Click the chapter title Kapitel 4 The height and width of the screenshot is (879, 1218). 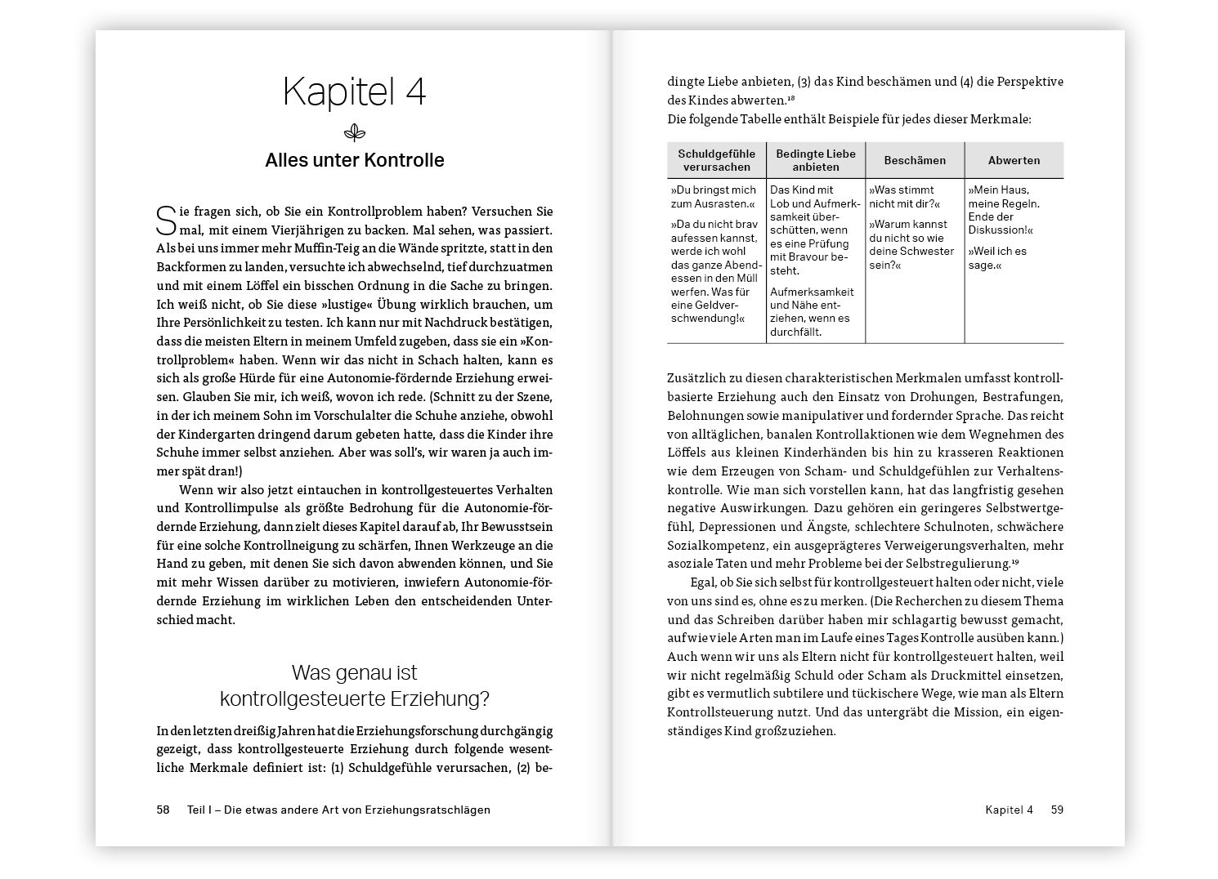tap(354, 92)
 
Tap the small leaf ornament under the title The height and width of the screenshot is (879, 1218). tap(354, 132)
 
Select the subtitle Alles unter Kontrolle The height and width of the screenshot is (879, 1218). tap(354, 160)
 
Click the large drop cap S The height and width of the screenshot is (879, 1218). tap(165, 219)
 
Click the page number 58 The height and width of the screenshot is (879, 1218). tap(163, 810)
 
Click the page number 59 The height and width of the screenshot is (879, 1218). tap(1057, 810)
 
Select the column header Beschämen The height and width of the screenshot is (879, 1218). tap(915, 160)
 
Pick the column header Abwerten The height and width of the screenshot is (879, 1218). tap(1014, 160)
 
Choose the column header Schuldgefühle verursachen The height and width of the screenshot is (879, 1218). tap(715, 160)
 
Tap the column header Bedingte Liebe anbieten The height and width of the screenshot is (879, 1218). tap(815, 160)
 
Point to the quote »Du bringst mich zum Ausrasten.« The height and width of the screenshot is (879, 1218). tap(713, 197)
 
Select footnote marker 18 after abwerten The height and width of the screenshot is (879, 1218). tap(791, 99)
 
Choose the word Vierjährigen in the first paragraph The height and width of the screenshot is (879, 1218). tap(314, 230)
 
